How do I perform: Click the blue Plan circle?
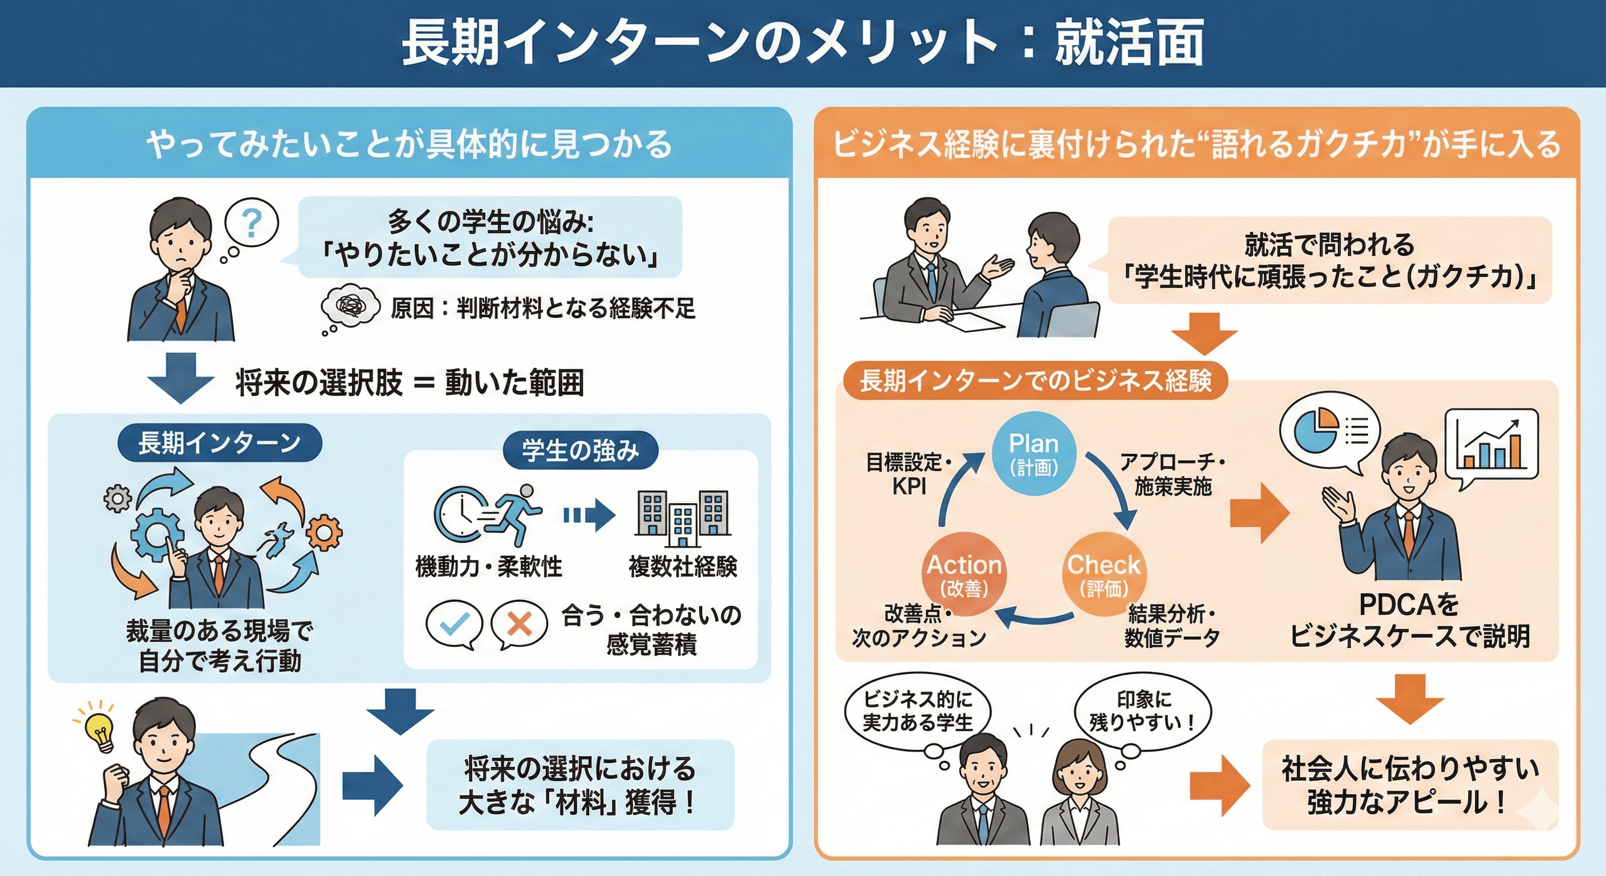click(1033, 453)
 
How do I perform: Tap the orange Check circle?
click(1104, 574)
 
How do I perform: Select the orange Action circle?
click(964, 574)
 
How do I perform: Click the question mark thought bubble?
click(252, 222)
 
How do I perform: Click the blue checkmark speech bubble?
click(454, 623)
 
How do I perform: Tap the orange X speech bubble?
click(520, 623)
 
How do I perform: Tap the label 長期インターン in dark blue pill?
click(220, 443)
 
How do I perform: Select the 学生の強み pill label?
click(581, 451)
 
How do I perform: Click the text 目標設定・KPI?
click(909, 474)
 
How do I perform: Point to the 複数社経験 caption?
click(683, 567)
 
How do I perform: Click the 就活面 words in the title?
click(1129, 42)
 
